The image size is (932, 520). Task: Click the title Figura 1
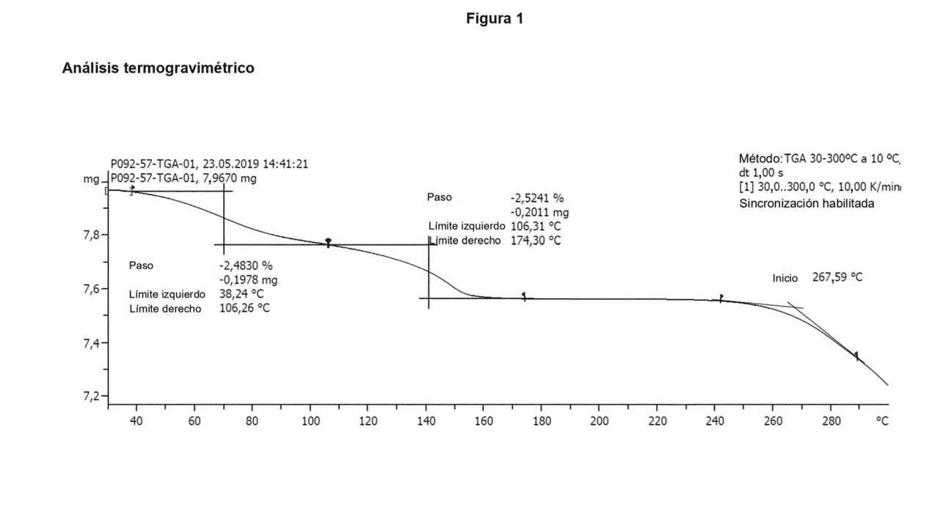(x=495, y=19)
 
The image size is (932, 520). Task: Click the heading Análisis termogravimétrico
(x=158, y=67)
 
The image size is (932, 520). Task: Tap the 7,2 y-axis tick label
(x=91, y=397)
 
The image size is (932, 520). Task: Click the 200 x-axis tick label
(x=599, y=421)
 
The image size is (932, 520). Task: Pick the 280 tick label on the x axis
(x=831, y=421)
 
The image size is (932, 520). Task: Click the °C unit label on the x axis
(x=882, y=421)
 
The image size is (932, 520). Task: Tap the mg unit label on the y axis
(x=91, y=180)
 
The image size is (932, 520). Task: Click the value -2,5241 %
(x=537, y=198)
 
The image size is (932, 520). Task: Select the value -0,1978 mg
(x=248, y=279)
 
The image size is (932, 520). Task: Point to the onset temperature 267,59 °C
(x=837, y=277)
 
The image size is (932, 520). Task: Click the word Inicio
(x=784, y=278)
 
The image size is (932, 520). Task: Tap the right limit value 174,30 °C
(x=536, y=241)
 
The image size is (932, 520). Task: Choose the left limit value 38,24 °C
(x=241, y=294)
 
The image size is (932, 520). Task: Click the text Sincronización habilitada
(x=807, y=203)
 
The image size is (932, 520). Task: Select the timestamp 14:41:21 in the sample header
(x=285, y=164)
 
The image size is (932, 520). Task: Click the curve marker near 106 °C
(x=328, y=242)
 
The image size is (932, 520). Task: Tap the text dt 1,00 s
(x=761, y=172)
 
